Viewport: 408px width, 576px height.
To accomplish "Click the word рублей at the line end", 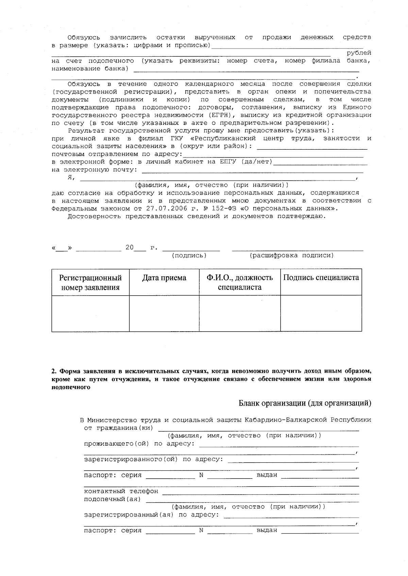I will (359, 53).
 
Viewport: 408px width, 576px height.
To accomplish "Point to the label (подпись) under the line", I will (189, 255).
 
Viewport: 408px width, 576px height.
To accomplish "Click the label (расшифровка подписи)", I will (291, 255).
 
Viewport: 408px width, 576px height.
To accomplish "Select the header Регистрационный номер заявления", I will (90, 282).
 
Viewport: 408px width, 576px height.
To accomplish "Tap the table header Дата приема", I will (164, 278).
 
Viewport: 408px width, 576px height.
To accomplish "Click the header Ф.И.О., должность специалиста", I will (240, 282).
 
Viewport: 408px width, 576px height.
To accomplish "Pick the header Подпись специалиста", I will (321, 278).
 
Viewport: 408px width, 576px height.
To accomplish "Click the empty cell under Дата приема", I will (164, 313).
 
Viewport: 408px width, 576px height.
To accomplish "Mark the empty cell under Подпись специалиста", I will (321, 313).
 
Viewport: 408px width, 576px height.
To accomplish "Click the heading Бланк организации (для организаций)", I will (305, 403).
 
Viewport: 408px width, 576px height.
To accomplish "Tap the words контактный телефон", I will (121, 491).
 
